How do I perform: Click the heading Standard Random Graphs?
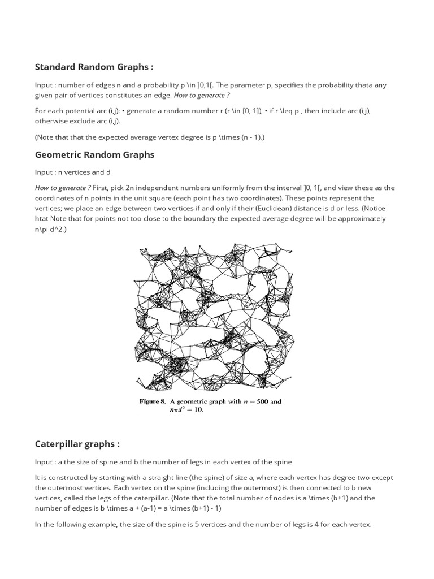(x=94, y=67)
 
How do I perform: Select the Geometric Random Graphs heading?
(x=94, y=154)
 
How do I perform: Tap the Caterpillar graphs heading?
(x=77, y=444)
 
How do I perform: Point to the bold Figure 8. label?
(x=153, y=402)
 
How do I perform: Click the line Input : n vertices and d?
(x=75, y=172)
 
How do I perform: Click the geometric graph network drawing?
(x=214, y=317)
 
